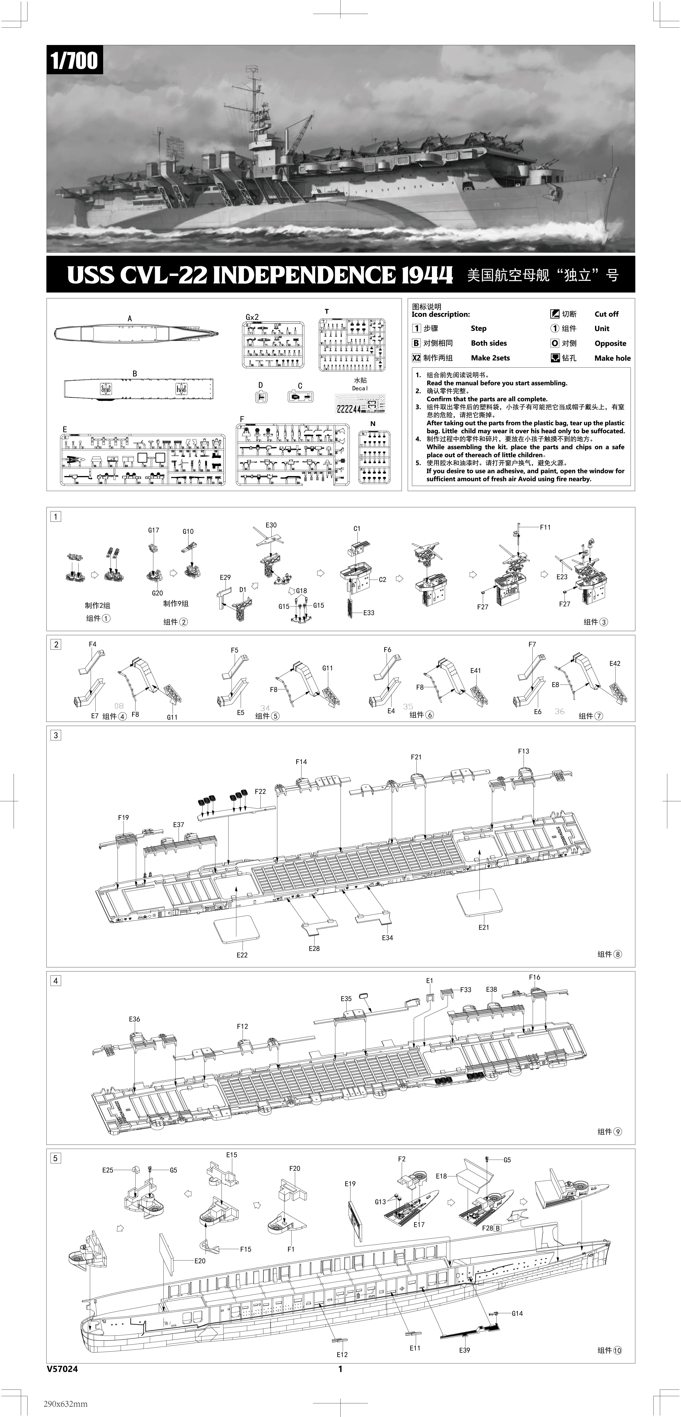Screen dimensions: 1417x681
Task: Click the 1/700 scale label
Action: tap(74, 61)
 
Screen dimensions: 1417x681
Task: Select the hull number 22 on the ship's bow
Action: tap(496, 205)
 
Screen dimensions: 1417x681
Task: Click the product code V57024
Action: tap(62, 1369)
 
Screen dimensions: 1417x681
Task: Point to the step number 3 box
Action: tap(56, 735)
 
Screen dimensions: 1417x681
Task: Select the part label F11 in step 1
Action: tap(544, 527)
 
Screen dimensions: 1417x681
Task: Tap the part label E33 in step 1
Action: tap(368, 612)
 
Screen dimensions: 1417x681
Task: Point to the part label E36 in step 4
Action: tap(134, 1019)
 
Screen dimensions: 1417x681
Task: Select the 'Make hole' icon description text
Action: tap(612, 358)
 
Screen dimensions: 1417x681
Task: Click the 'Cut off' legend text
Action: tap(606, 314)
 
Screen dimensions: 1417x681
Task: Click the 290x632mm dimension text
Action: tap(65, 1403)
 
